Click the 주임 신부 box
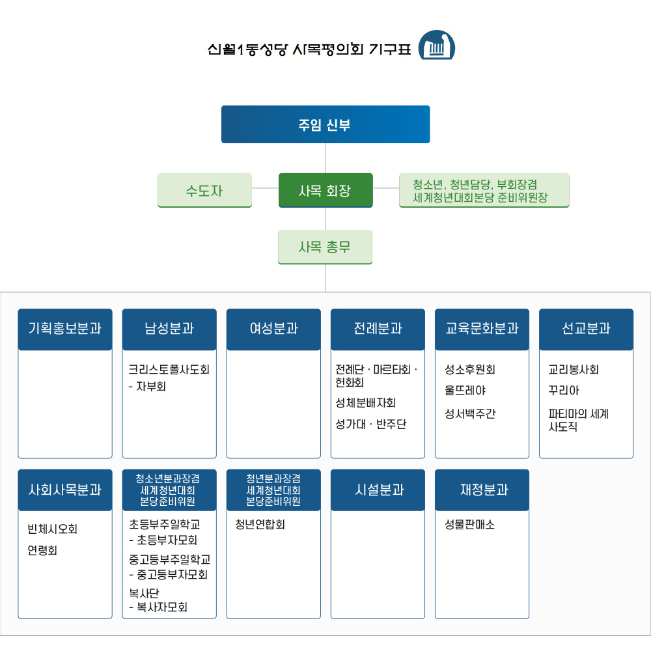tap(325, 124)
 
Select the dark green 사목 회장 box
tap(325, 190)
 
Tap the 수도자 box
tap(204, 190)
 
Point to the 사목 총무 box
tap(325, 247)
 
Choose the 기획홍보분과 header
tap(65, 329)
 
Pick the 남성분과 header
tap(169, 329)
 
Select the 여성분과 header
tap(273, 329)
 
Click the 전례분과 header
tap(378, 329)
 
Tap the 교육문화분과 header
tap(482, 329)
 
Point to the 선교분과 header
tap(586, 329)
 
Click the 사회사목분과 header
tap(65, 490)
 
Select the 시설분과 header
tap(378, 490)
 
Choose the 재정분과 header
tap(482, 490)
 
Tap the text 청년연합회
tap(260, 524)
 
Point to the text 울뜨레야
tap(465, 391)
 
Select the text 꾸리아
tap(564, 391)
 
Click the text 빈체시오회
tap(52, 529)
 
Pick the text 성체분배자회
tap(365, 403)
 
